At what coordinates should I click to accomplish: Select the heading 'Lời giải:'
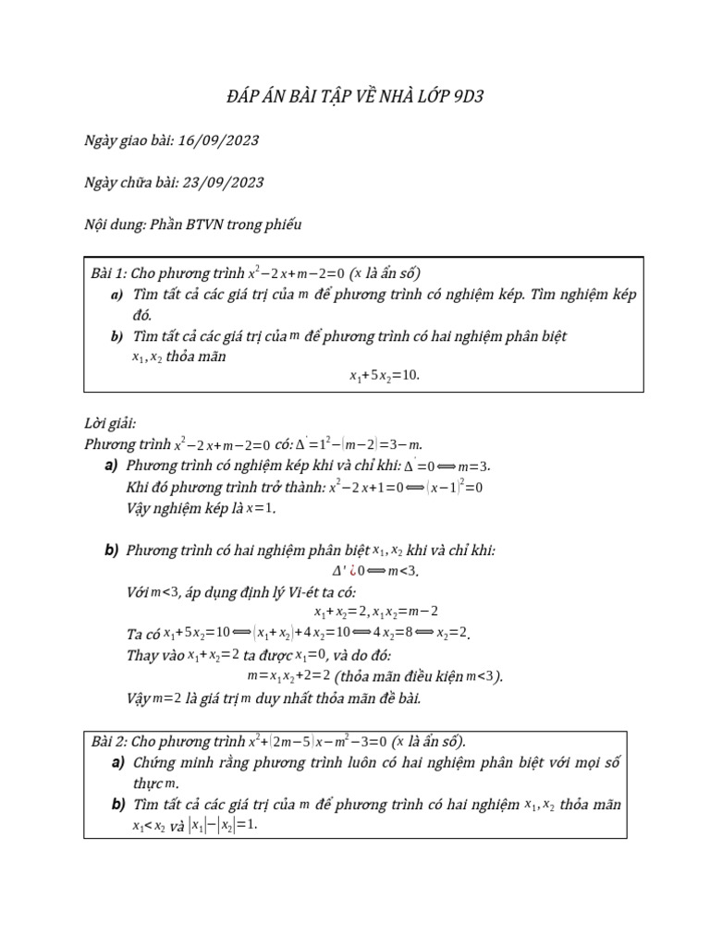pyautogui.click(x=110, y=423)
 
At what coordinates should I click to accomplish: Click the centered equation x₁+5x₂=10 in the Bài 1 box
pyautogui.click(x=384, y=376)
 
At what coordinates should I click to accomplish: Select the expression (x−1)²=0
pyautogui.click(x=454, y=487)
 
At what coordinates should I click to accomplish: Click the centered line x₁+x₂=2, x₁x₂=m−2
pyautogui.click(x=375, y=612)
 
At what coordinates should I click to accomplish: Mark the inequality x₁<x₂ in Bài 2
pyautogui.click(x=149, y=826)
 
